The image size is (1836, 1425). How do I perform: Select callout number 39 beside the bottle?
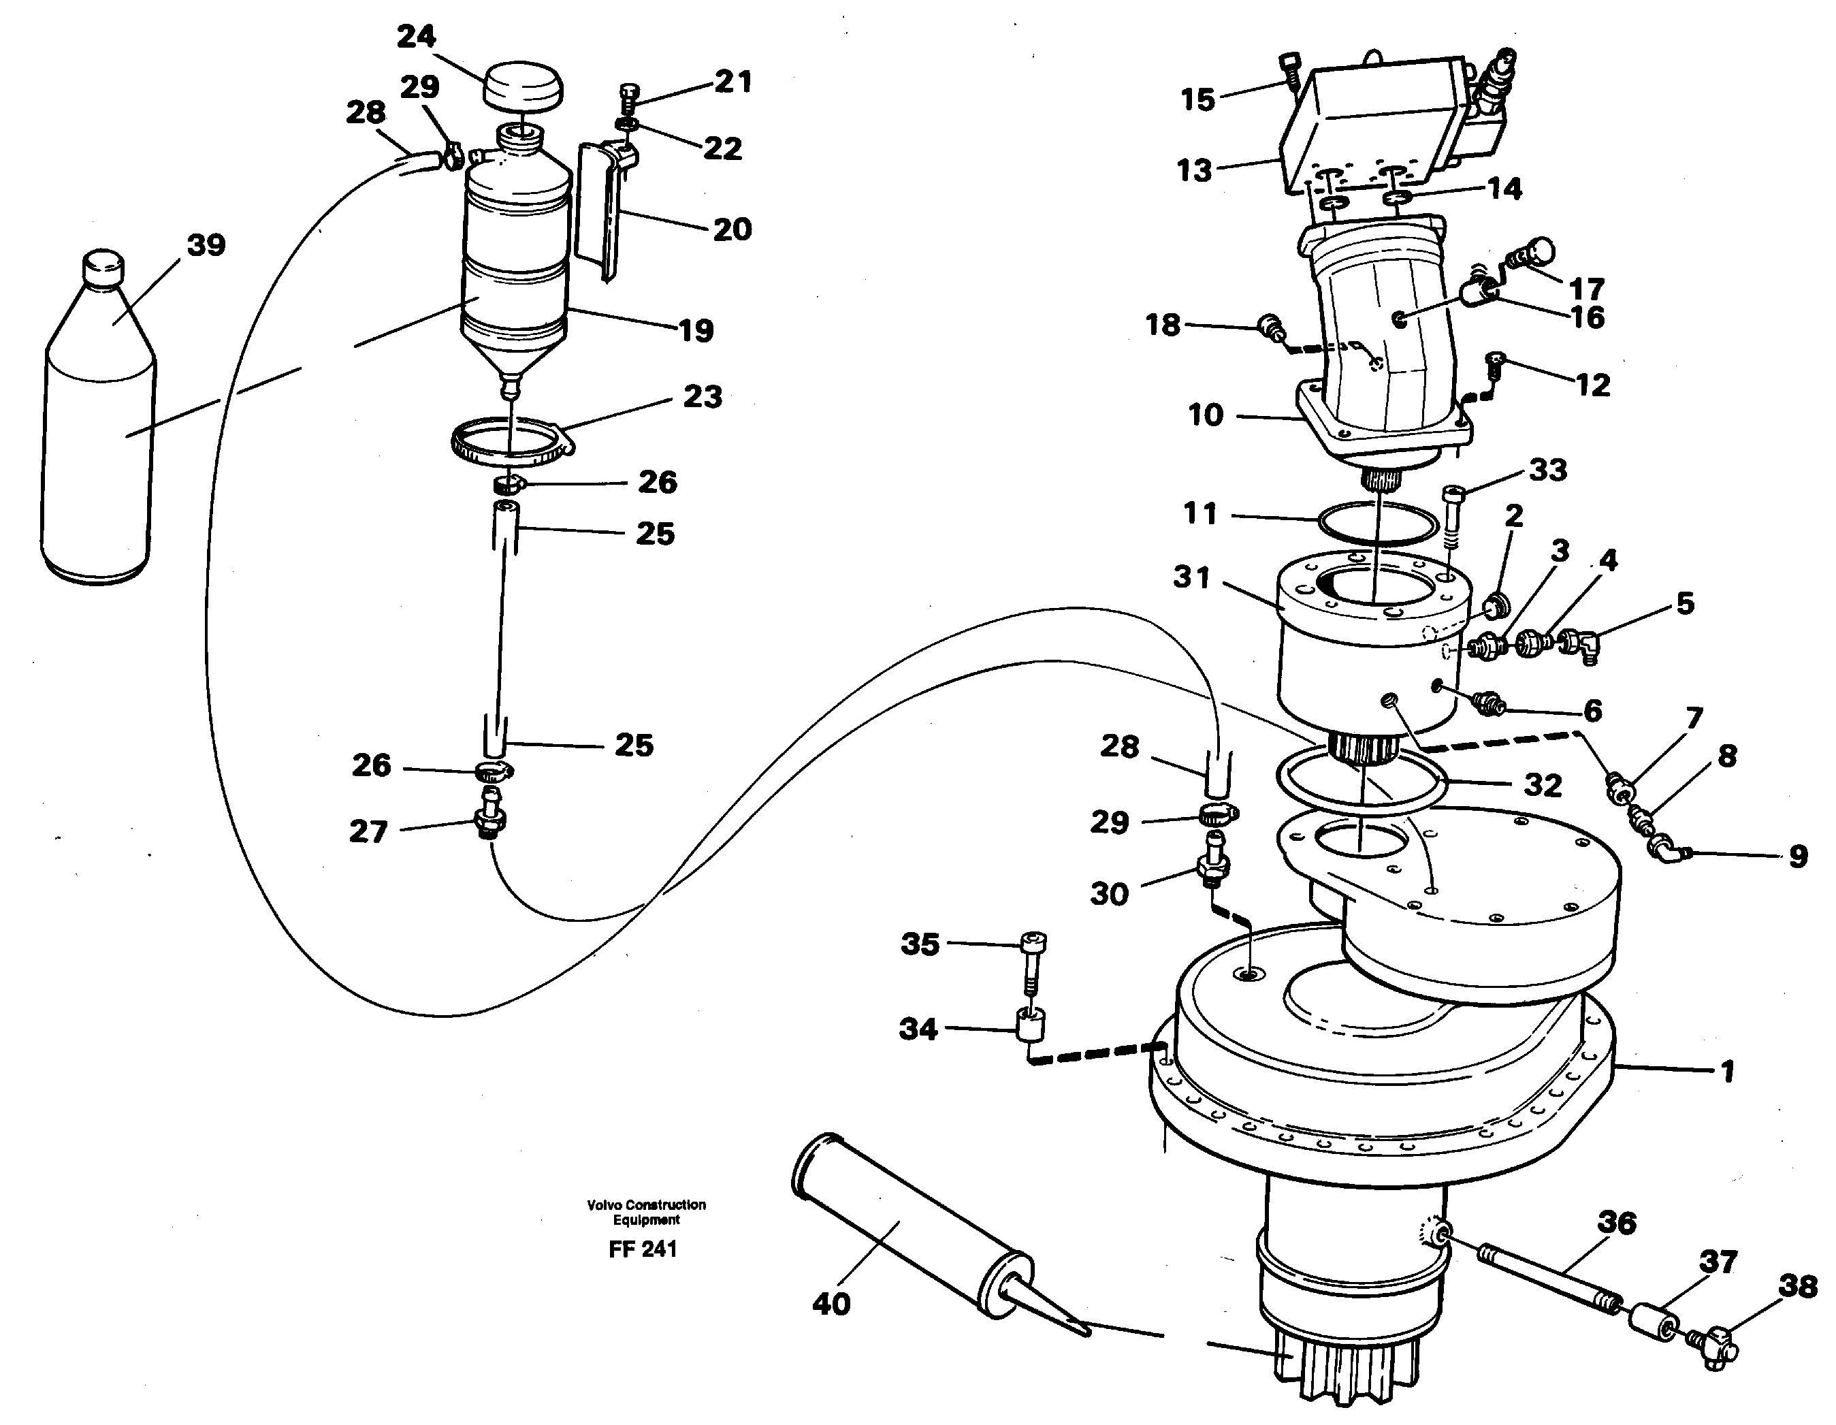[206, 246]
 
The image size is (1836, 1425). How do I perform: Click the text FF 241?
[643, 1249]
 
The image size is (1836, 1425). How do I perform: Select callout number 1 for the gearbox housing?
[1726, 1072]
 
